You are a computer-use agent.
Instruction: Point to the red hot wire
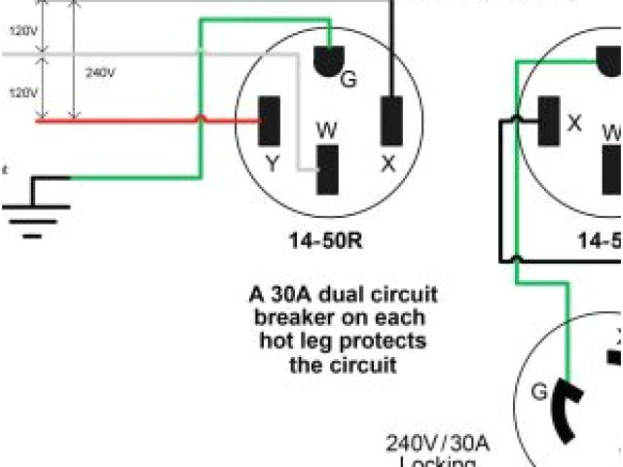[146, 122]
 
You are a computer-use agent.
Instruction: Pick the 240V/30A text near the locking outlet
[438, 445]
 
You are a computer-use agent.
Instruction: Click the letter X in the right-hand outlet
[574, 124]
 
